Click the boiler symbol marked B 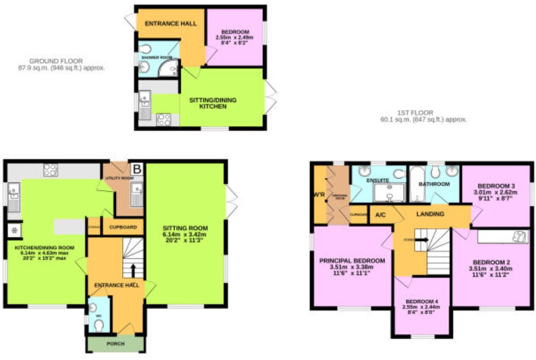[x=137, y=169]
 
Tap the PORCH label [x=116, y=344]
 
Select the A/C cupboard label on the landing [x=380, y=215]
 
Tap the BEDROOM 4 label [x=422, y=301]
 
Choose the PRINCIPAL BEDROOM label [x=352, y=260]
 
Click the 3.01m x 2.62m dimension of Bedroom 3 [x=496, y=192]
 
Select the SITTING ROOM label [x=185, y=228]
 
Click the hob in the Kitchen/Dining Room [x=50, y=170]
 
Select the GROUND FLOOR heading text [x=56, y=61]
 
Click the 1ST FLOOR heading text [x=415, y=113]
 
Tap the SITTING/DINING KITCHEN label [x=213, y=103]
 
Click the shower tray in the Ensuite [x=389, y=192]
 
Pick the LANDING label [x=430, y=214]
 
